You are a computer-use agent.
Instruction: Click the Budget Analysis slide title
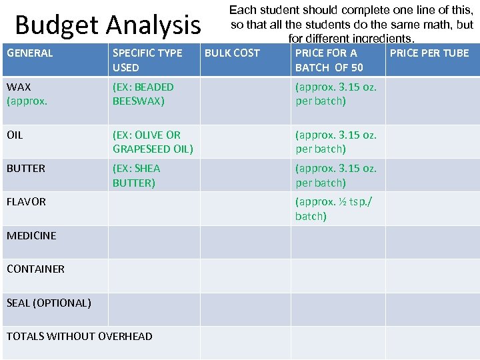tap(107, 25)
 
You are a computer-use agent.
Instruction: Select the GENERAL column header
tap(29, 53)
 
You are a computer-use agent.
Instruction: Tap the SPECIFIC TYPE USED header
tap(147, 60)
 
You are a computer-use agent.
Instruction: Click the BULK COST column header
tap(232, 53)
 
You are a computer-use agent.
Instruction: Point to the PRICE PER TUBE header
tap(429, 53)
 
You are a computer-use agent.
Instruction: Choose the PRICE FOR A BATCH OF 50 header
tap(329, 60)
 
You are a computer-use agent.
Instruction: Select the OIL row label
tap(15, 135)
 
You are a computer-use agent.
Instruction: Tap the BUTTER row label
tap(26, 168)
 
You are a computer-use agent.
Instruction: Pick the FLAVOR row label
tap(26, 201)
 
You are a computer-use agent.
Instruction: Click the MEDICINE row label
tap(31, 235)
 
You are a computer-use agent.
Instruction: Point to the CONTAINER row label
tap(35, 269)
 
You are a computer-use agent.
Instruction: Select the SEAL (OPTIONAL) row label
tap(49, 303)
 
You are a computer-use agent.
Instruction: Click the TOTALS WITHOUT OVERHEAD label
tap(79, 336)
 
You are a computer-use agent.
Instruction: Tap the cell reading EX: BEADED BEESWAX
tap(143, 94)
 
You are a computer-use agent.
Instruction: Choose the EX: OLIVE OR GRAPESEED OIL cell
tap(153, 141)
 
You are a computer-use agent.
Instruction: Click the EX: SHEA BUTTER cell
tap(137, 175)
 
